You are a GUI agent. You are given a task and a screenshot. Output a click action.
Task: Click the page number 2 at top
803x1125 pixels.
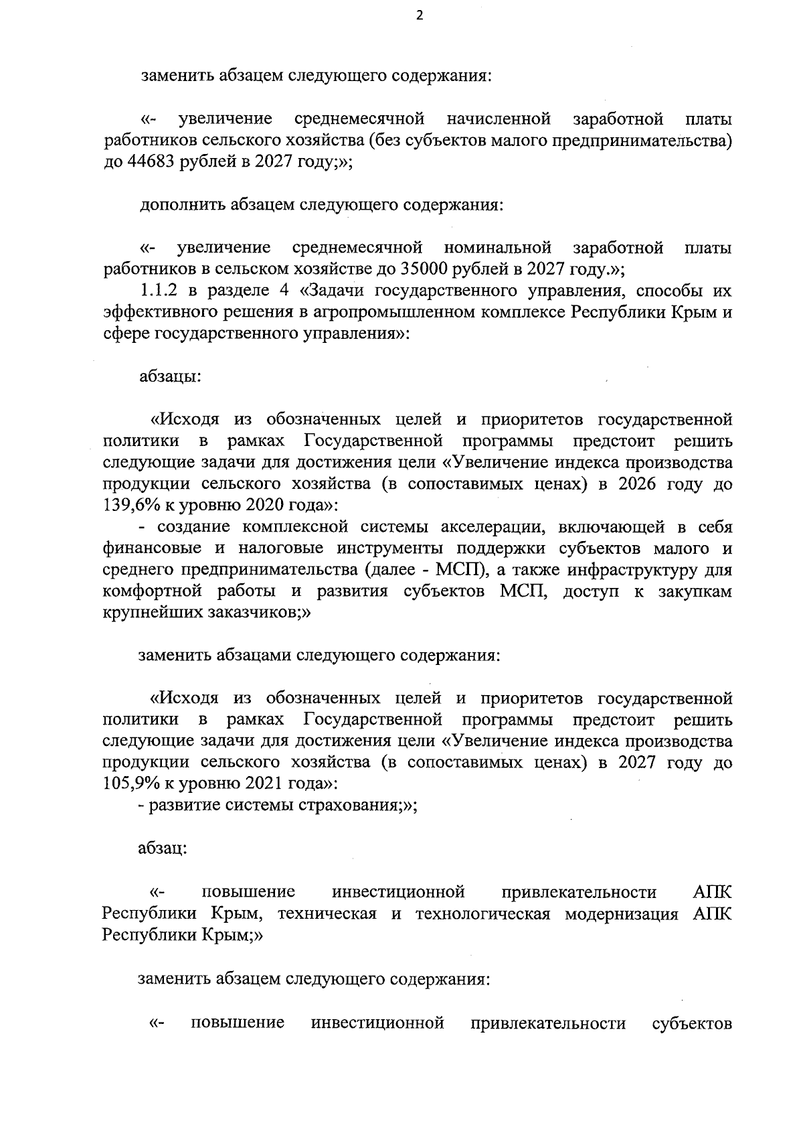pos(420,17)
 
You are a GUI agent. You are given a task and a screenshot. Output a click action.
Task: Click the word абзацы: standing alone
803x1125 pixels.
pos(170,376)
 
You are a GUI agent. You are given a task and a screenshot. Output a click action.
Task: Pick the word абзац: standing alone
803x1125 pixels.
pos(163,848)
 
